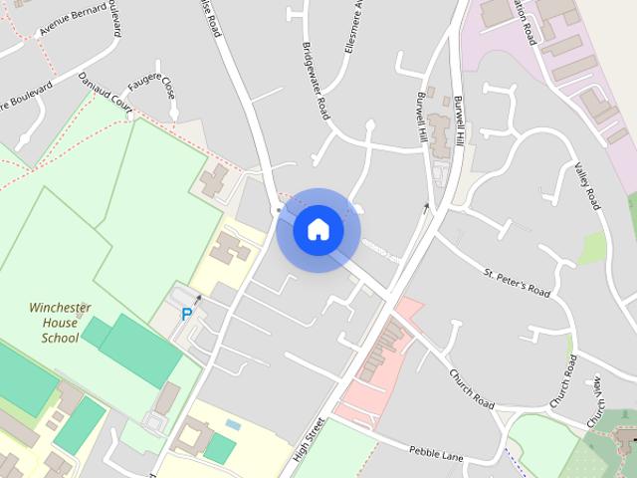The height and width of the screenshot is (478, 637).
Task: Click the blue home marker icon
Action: coord(318,229)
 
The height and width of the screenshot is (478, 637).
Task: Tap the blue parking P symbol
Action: coord(186,314)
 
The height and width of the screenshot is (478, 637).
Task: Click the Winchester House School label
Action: coord(60,323)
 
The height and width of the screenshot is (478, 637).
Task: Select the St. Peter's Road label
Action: coord(517,282)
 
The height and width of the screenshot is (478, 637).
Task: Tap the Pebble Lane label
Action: coord(436,453)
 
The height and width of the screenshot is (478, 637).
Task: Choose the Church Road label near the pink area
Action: coord(471,388)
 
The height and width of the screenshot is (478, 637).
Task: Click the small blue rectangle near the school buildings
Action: coord(233,425)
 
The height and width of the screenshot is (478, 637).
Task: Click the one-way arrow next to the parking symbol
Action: coord(198,299)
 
